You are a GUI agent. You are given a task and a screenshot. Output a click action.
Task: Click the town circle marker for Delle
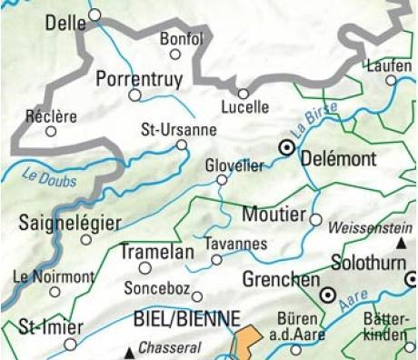[95, 15]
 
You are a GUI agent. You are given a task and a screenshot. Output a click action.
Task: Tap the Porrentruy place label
[137, 77]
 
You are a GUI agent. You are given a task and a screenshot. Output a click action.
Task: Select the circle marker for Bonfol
[175, 55]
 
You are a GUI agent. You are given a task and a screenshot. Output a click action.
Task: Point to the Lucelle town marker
[244, 93]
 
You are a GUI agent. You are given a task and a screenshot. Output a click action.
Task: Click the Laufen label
[387, 65]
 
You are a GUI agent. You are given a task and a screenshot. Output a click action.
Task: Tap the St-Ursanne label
[179, 129]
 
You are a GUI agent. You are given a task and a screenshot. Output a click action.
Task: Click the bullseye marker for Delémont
[286, 146]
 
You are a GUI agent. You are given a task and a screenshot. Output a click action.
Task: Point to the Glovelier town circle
[221, 180]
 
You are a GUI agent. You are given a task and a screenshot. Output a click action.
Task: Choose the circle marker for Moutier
[316, 219]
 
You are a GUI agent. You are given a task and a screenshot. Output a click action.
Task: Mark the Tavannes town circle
[216, 260]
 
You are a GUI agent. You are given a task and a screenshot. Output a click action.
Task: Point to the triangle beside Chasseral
[131, 350]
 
